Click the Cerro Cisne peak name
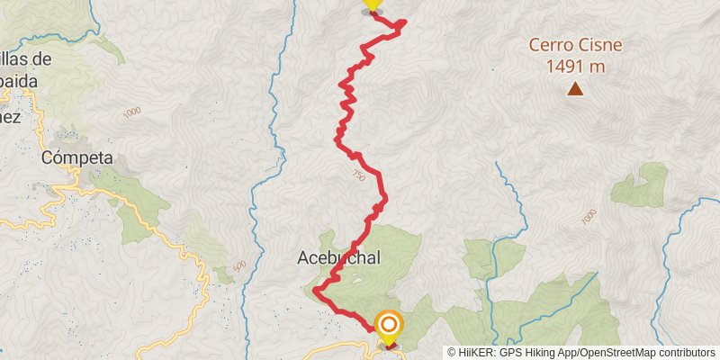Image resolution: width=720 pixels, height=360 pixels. (x=575, y=45)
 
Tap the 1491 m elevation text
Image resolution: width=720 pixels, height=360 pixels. (x=575, y=66)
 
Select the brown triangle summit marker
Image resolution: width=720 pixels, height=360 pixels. (x=575, y=88)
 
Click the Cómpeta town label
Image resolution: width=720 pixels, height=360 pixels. (x=77, y=158)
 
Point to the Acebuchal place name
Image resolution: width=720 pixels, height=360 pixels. (x=338, y=257)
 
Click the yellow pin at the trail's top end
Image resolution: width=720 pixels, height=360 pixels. (x=372, y=5)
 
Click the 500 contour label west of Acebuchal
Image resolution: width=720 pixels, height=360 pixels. (x=238, y=266)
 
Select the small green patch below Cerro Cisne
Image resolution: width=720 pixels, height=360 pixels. (x=641, y=185)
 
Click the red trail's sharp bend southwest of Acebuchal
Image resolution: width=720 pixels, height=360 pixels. (x=316, y=290)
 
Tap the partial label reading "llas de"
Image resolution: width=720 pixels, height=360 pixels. (x=26, y=59)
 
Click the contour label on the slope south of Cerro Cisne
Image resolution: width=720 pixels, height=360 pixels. (x=589, y=218)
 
